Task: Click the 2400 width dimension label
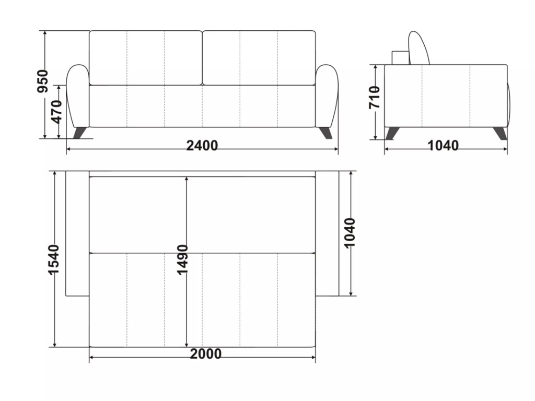click(202, 146)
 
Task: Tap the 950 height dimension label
click(43, 81)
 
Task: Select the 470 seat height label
click(57, 112)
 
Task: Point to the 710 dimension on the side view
click(374, 98)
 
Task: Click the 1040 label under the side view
click(443, 146)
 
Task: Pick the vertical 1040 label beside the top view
click(350, 232)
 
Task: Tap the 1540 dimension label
click(53, 259)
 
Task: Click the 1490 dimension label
click(182, 259)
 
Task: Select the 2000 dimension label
click(206, 354)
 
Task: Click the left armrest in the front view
click(78, 96)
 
